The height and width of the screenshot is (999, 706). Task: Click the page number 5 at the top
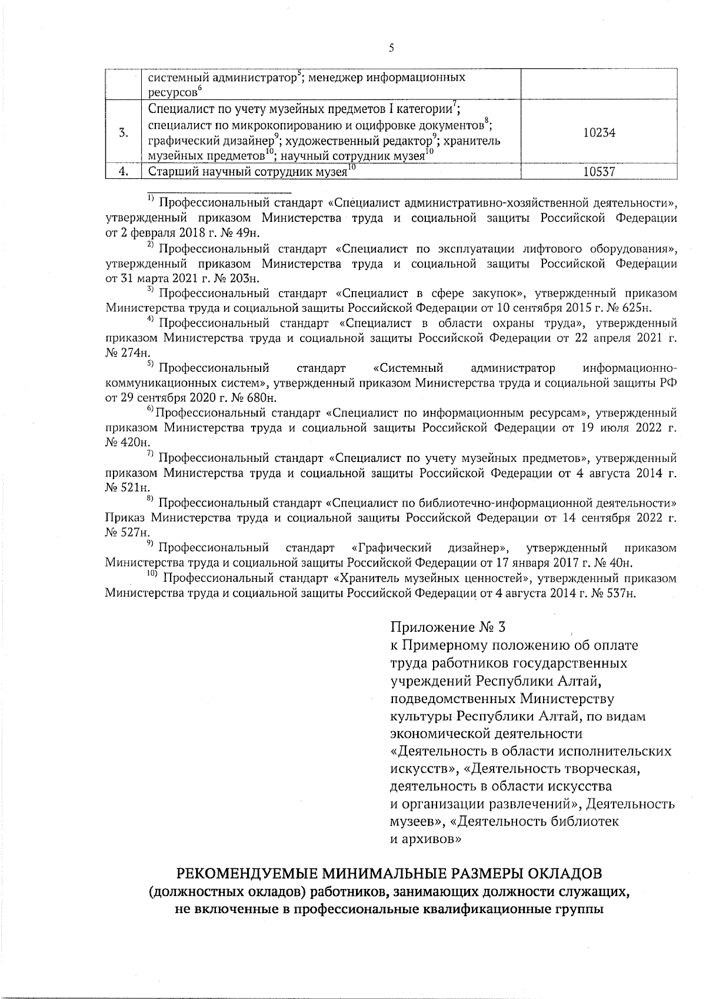(391, 49)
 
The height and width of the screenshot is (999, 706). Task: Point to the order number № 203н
(245, 278)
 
